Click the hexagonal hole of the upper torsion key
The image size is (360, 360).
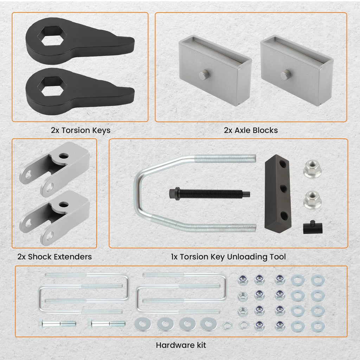pyautogui.click(x=52, y=36)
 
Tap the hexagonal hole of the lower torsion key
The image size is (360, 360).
pyautogui.click(x=52, y=87)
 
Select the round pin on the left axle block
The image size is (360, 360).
pyautogui.click(x=204, y=75)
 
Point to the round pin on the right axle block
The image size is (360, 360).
pyautogui.click(x=286, y=75)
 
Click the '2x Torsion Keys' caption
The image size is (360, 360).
pyautogui.click(x=81, y=130)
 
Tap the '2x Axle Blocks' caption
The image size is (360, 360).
pyautogui.click(x=251, y=130)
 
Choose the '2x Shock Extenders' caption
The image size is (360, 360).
pyautogui.click(x=54, y=257)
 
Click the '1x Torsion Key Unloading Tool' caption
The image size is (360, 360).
pyautogui.click(x=228, y=257)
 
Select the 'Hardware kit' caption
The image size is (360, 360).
pyautogui.click(x=181, y=345)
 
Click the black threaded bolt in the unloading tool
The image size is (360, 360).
pyautogui.click(x=209, y=194)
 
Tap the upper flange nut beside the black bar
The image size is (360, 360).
pyautogui.click(x=312, y=169)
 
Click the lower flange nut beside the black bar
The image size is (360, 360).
pyautogui.click(x=312, y=199)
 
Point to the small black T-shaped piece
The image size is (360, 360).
pyautogui.click(x=313, y=227)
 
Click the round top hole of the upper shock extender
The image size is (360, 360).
pyautogui.click(x=63, y=156)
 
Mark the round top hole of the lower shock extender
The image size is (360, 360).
pyautogui.click(x=63, y=205)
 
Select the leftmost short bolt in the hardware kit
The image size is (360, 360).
pyautogui.click(x=57, y=324)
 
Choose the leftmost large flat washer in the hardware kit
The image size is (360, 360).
pyautogui.click(x=143, y=324)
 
